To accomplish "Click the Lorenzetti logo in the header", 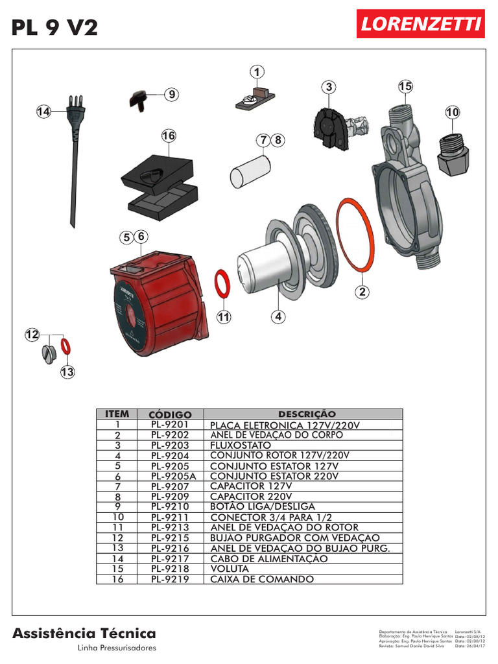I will (420, 24).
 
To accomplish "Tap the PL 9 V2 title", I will (55, 27).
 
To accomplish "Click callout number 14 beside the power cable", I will (43, 112).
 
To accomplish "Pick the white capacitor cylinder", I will (250, 169).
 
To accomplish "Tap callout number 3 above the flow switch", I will (329, 87).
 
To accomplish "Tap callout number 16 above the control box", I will (169, 136).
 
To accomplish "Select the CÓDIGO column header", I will (170, 414).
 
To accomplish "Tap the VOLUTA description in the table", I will (230, 569).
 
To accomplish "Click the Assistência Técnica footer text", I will (84, 633).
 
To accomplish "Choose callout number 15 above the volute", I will (405, 86).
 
